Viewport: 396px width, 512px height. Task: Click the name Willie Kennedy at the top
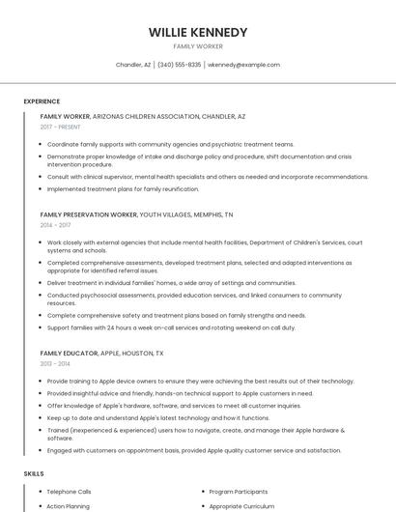point(198,32)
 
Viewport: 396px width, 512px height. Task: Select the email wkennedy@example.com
point(243,65)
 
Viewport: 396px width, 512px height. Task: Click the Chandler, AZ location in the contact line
point(133,65)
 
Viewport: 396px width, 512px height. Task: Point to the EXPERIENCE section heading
point(42,101)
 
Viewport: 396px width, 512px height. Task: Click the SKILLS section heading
point(34,473)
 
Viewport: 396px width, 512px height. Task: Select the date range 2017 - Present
point(61,127)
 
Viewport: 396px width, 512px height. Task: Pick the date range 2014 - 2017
point(55,224)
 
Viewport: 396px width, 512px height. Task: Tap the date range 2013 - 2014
point(55,364)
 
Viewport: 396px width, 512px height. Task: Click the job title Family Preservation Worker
point(88,213)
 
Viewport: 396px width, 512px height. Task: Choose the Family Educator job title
point(69,354)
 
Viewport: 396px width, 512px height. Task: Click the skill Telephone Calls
point(70,492)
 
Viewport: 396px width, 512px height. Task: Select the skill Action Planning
point(69,506)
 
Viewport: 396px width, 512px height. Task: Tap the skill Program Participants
point(238,492)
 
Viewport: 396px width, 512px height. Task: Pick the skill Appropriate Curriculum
point(240,506)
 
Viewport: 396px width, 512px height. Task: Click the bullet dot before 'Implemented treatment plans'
point(41,189)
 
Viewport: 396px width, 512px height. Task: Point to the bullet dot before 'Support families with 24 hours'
point(41,327)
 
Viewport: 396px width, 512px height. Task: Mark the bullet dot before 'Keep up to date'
point(41,417)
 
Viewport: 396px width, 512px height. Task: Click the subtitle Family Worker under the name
point(198,46)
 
